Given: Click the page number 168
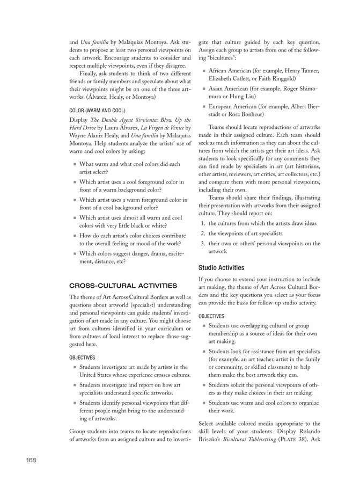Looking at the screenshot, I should [31, 460].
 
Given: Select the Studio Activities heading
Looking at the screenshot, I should [221, 267].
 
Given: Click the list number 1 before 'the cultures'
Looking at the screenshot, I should [202, 223].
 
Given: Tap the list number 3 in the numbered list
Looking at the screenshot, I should [202, 243].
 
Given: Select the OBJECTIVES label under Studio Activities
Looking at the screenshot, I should [211, 316].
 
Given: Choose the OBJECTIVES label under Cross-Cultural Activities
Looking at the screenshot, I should [83, 357].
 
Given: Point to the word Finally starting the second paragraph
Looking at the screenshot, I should [91, 74].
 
